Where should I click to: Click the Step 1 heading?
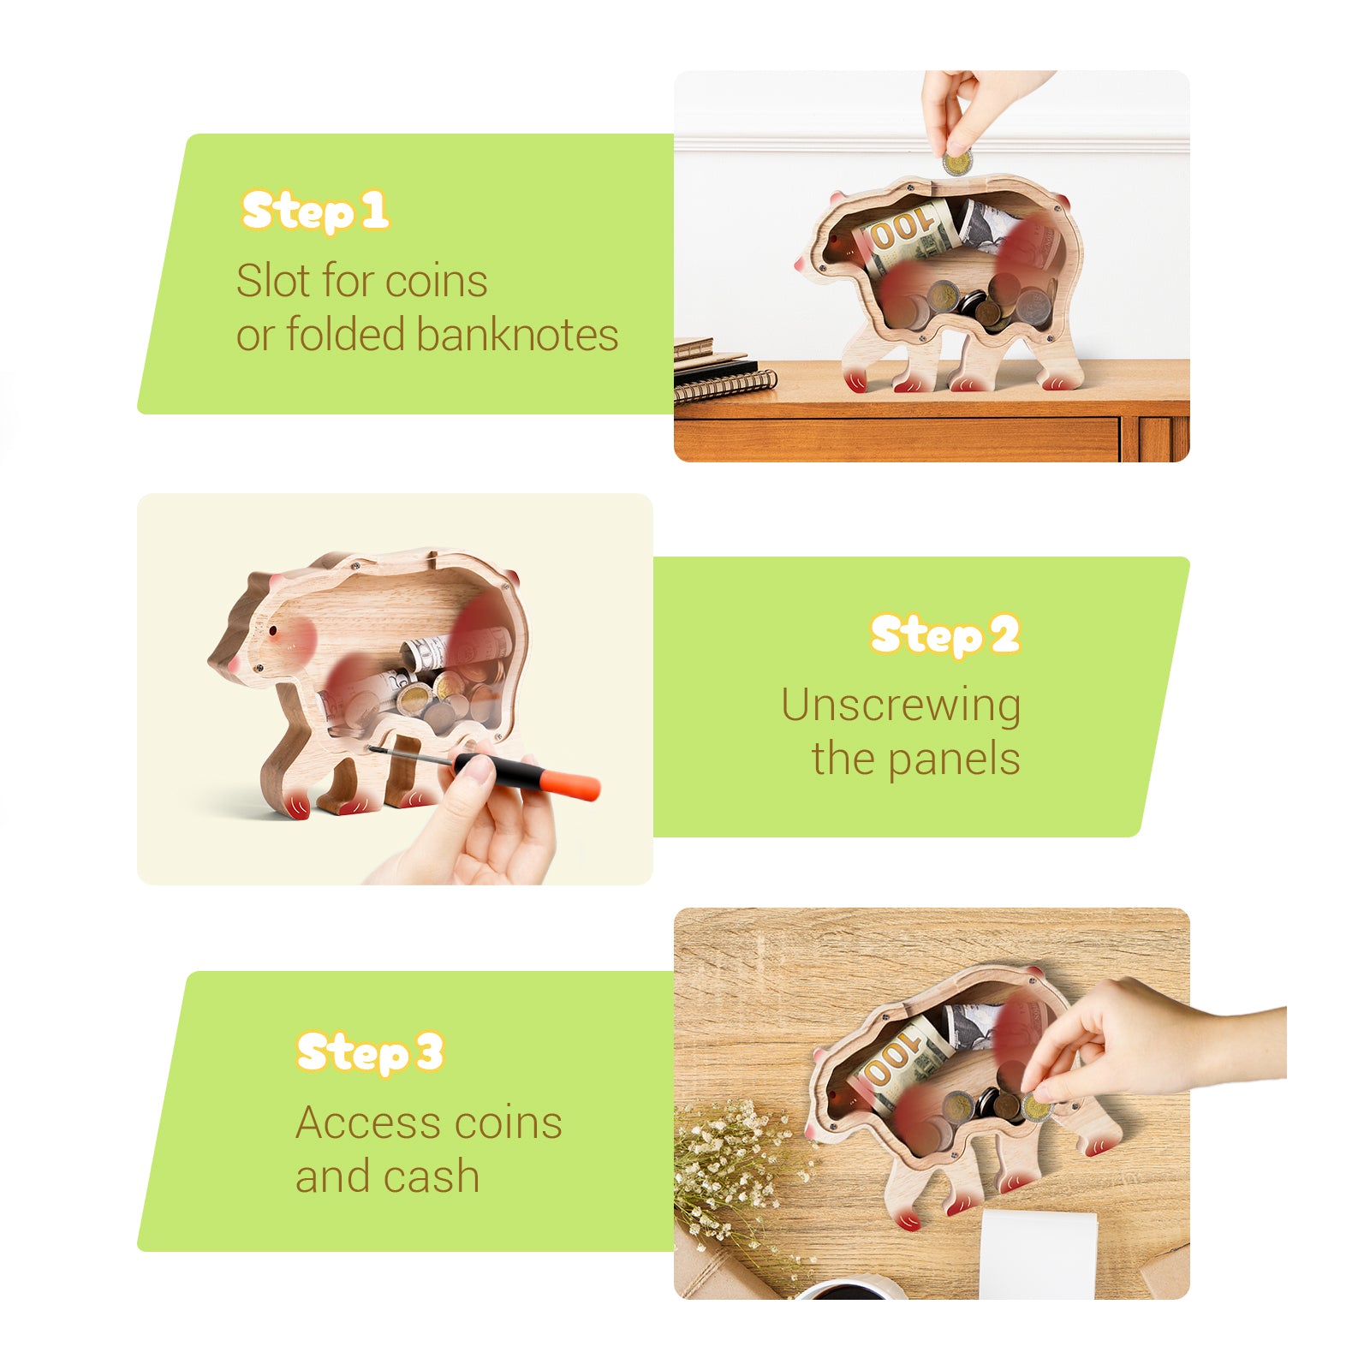[314, 211]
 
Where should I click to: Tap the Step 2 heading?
[944, 634]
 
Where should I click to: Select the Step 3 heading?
[369, 1052]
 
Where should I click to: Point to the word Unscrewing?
[900, 706]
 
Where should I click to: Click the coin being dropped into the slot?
[957, 163]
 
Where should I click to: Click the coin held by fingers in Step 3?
[1037, 1108]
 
